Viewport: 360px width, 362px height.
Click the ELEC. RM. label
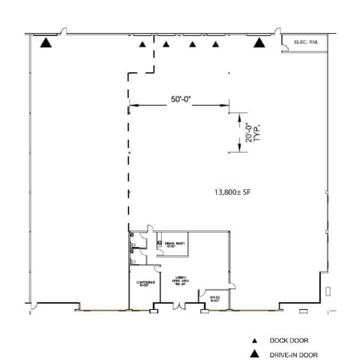(306, 42)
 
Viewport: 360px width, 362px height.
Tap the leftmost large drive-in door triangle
(46, 43)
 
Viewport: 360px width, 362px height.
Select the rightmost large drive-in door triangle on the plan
(259, 43)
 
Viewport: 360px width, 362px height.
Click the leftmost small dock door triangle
(143, 44)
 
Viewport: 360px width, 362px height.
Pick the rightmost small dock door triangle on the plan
(215, 44)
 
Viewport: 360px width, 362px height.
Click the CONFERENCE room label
(146, 283)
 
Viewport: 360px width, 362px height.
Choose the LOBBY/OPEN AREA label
(180, 280)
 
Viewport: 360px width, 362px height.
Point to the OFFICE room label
(214, 298)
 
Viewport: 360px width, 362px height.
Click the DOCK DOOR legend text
(289, 341)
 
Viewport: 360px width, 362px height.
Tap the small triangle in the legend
(254, 341)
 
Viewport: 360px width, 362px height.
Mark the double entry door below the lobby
(178, 305)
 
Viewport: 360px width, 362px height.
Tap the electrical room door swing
(285, 48)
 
